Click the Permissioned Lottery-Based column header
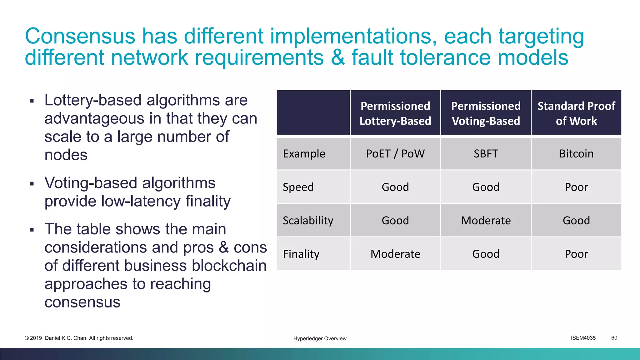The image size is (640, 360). tap(395, 113)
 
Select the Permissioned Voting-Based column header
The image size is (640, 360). tap(486, 113)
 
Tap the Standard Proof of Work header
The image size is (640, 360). tap(576, 113)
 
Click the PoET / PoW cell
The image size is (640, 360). tap(395, 154)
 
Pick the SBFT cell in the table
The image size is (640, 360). tap(486, 154)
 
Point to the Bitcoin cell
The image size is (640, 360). tap(576, 154)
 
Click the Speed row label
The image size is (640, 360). tap(298, 187)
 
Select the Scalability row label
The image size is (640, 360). tap(308, 221)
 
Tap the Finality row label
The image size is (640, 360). tap(301, 254)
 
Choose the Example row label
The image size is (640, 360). tap(304, 154)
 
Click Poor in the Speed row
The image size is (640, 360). tap(576, 187)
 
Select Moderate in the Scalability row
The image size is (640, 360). tap(486, 221)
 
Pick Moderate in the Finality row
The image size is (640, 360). tap(395, 254)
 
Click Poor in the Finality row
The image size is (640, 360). tap(576, 254)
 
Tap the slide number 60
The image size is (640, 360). tap(614, 338)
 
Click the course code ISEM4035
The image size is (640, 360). tap(583, 338)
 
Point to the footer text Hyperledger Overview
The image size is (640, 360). tap(320, 338)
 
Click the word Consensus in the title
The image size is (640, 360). tap(80, 36)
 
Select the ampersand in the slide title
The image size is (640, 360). tap(337, 57)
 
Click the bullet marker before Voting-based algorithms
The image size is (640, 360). tap(32, 183)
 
